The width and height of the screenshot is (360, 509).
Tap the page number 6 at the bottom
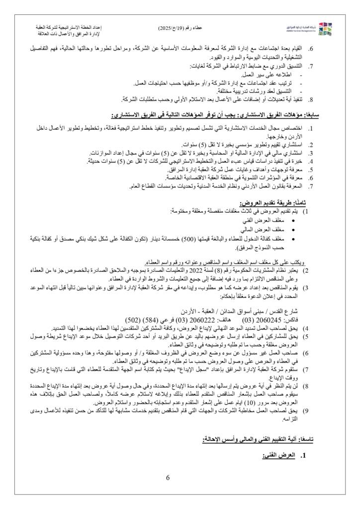tap(168, 478)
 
